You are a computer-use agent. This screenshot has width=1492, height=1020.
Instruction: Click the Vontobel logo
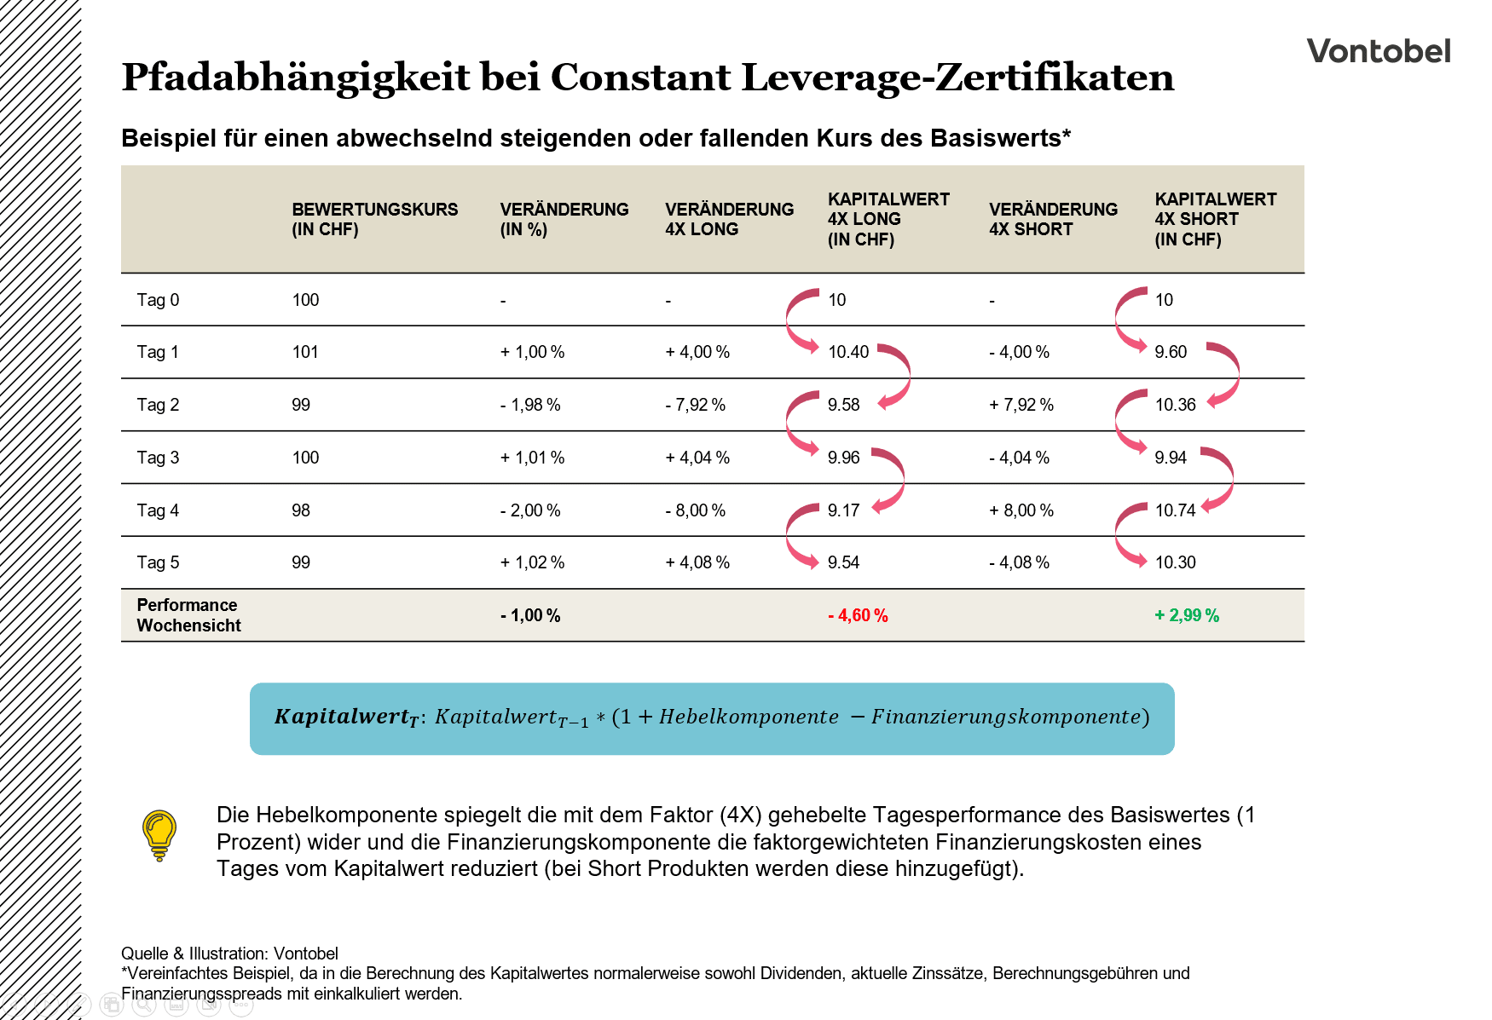click(x=1378, y=51)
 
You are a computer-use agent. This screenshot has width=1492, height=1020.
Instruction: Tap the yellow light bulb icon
click(x=159, y=834)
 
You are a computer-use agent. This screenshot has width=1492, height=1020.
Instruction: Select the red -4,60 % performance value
click(x=858, y=615)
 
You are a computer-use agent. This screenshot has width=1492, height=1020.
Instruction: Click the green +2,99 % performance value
click(x=1187, y=615)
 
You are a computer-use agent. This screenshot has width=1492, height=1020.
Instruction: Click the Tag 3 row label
click(x=158, y=458)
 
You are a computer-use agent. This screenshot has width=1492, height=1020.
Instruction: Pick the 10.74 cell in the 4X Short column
click(x=1175, y=510)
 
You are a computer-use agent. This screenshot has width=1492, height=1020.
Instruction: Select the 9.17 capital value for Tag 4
click(x=843, y=510)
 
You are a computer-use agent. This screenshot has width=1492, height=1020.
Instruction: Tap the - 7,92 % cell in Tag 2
click(x=695, y=405)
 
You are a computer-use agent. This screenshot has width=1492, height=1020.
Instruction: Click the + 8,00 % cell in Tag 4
click(x=1021, y=510)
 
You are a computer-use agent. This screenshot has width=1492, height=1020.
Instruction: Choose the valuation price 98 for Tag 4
click(x=301, y=510)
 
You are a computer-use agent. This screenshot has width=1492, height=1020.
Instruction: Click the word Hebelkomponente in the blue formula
click(x=749, y=717)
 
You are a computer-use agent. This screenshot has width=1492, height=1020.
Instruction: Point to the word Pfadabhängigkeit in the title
click(x=295, y=77)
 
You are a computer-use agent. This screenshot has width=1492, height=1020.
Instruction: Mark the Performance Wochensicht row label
click(x=188, y=615)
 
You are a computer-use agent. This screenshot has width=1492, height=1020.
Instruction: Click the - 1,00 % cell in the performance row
click(x=529, y=615)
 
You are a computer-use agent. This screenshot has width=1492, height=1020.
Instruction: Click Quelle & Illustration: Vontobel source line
click(x=229, y=954)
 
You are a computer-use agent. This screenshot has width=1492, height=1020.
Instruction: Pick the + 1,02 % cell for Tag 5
click(x=532, y=562)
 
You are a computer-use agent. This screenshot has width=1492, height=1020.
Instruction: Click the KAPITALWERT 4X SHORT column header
click(x=1215, y=219)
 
